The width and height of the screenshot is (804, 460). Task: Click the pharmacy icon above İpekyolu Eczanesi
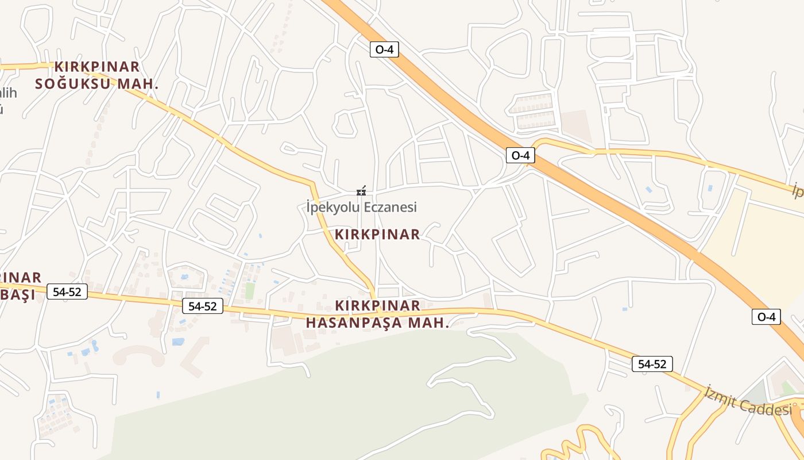point(361,191)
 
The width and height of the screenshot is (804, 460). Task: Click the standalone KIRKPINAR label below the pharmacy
point(377,235)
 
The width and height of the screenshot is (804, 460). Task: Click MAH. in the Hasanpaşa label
point(428,323)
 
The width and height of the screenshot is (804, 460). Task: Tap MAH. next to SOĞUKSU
point(138,84)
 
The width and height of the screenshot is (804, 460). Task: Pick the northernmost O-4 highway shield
point(384,49)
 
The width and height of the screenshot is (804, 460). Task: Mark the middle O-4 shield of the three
point(520,155)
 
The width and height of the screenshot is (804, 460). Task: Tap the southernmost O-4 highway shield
point(766,317)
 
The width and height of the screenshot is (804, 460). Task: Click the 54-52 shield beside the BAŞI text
point(67,292)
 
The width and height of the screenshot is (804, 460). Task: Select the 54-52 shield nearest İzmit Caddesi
point(652,364)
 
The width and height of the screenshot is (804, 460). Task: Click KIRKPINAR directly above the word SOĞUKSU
point(97,67)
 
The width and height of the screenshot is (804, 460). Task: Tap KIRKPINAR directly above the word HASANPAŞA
point(377,305)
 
